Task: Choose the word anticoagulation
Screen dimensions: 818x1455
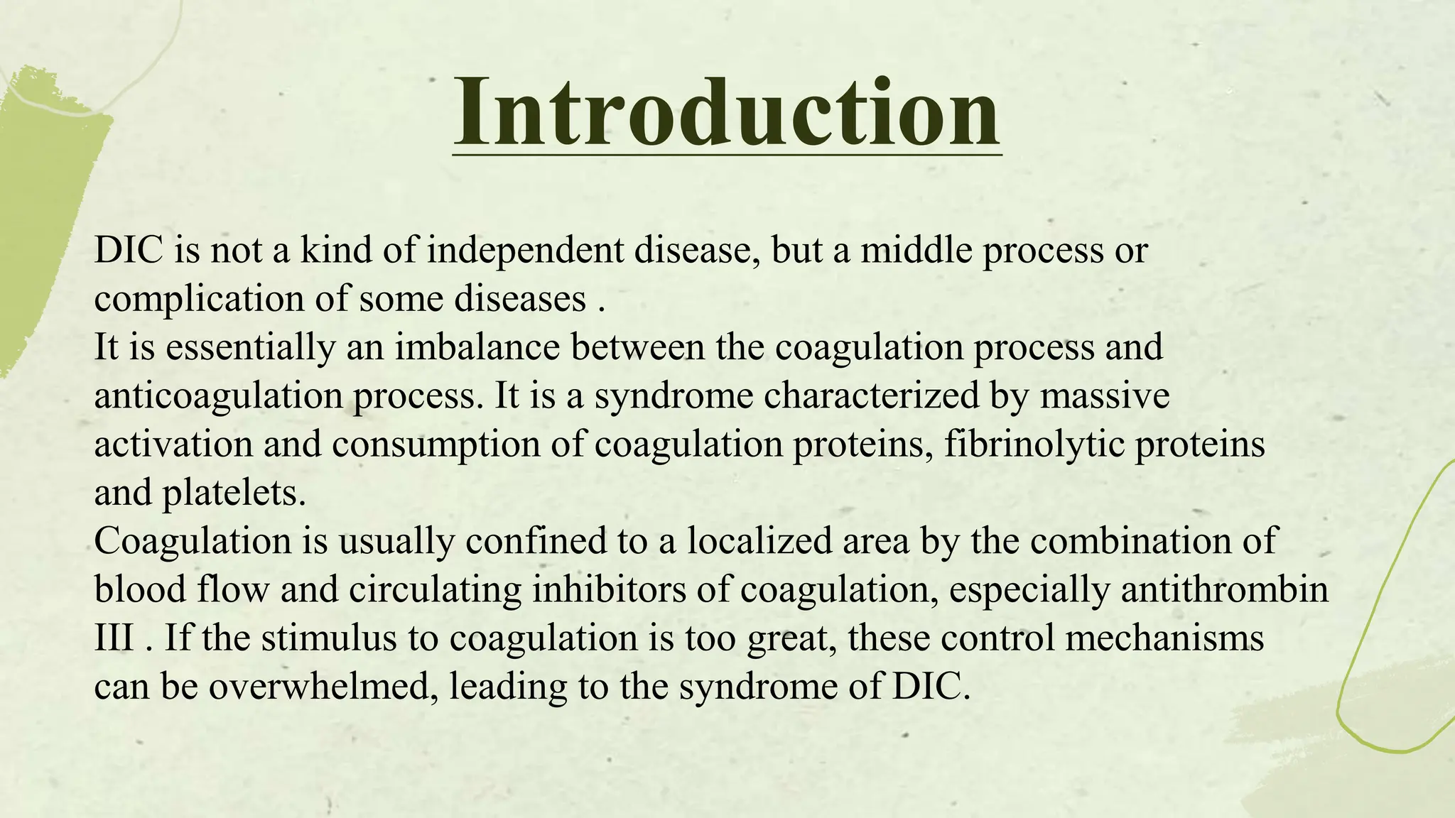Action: [218, 396]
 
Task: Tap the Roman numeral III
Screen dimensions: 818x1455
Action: [114, 638]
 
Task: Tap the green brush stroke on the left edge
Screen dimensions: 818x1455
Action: [43, 213]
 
